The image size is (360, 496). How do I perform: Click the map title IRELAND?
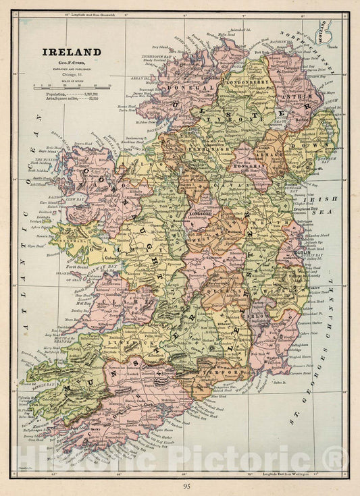72,52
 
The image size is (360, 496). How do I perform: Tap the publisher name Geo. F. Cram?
72,63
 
